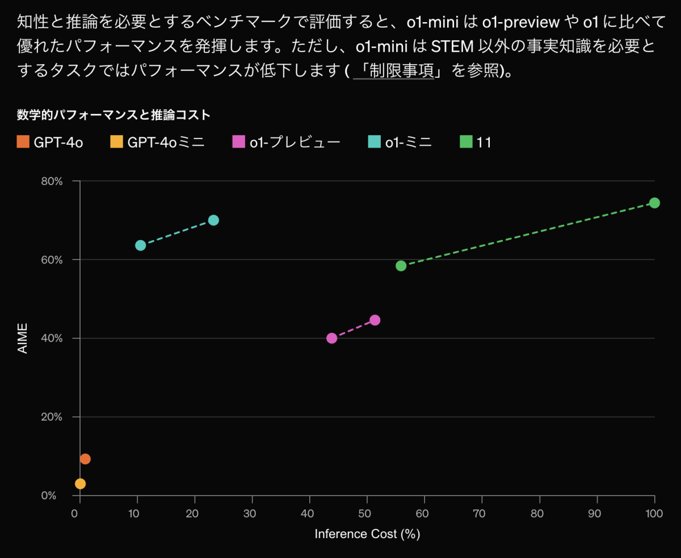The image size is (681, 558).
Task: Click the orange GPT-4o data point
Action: click(x=85, y=459)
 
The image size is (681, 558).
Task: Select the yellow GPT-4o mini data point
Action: click(x=80, y=484)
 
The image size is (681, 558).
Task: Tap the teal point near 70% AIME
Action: click(x=213, y=220)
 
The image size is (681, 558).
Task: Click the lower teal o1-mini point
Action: click(x=140, y=245)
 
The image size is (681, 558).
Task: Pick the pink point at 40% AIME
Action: click(x=332, y=338)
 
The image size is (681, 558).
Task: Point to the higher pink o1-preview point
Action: click(x=375, y=320)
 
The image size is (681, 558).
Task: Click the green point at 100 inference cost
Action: click(x=654, y=203)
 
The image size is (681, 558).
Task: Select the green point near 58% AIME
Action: click(x=401, y=266)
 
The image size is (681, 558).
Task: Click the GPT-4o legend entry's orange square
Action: click(x=23, y=142)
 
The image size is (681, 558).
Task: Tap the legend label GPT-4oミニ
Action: click(x=166, y=142)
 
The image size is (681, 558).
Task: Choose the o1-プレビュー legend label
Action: click(x=295, y=142)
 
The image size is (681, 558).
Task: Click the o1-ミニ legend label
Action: click(x=408, y=142)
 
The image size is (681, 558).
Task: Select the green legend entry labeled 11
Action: click(x=484, y=142)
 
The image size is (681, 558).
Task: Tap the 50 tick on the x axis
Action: click(x=367, y=513)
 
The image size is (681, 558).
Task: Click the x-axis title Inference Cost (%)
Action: click(x=367, y=534)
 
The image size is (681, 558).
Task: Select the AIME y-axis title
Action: click(x=23, y=339)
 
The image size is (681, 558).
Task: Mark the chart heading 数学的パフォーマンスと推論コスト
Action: click(x=113, y=115)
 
